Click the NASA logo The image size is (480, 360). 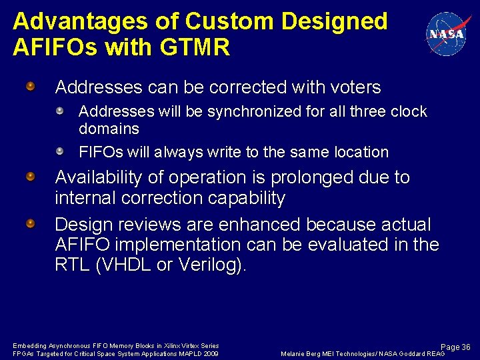(445, 34)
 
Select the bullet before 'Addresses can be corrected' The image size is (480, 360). (31, 87)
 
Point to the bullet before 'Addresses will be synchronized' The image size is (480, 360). (59, 111)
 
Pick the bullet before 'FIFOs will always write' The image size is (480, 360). (59, 151)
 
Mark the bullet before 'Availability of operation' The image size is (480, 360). (31, 177)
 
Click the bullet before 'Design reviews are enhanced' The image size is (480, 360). (31, 224)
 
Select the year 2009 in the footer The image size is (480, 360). (210, 353)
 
